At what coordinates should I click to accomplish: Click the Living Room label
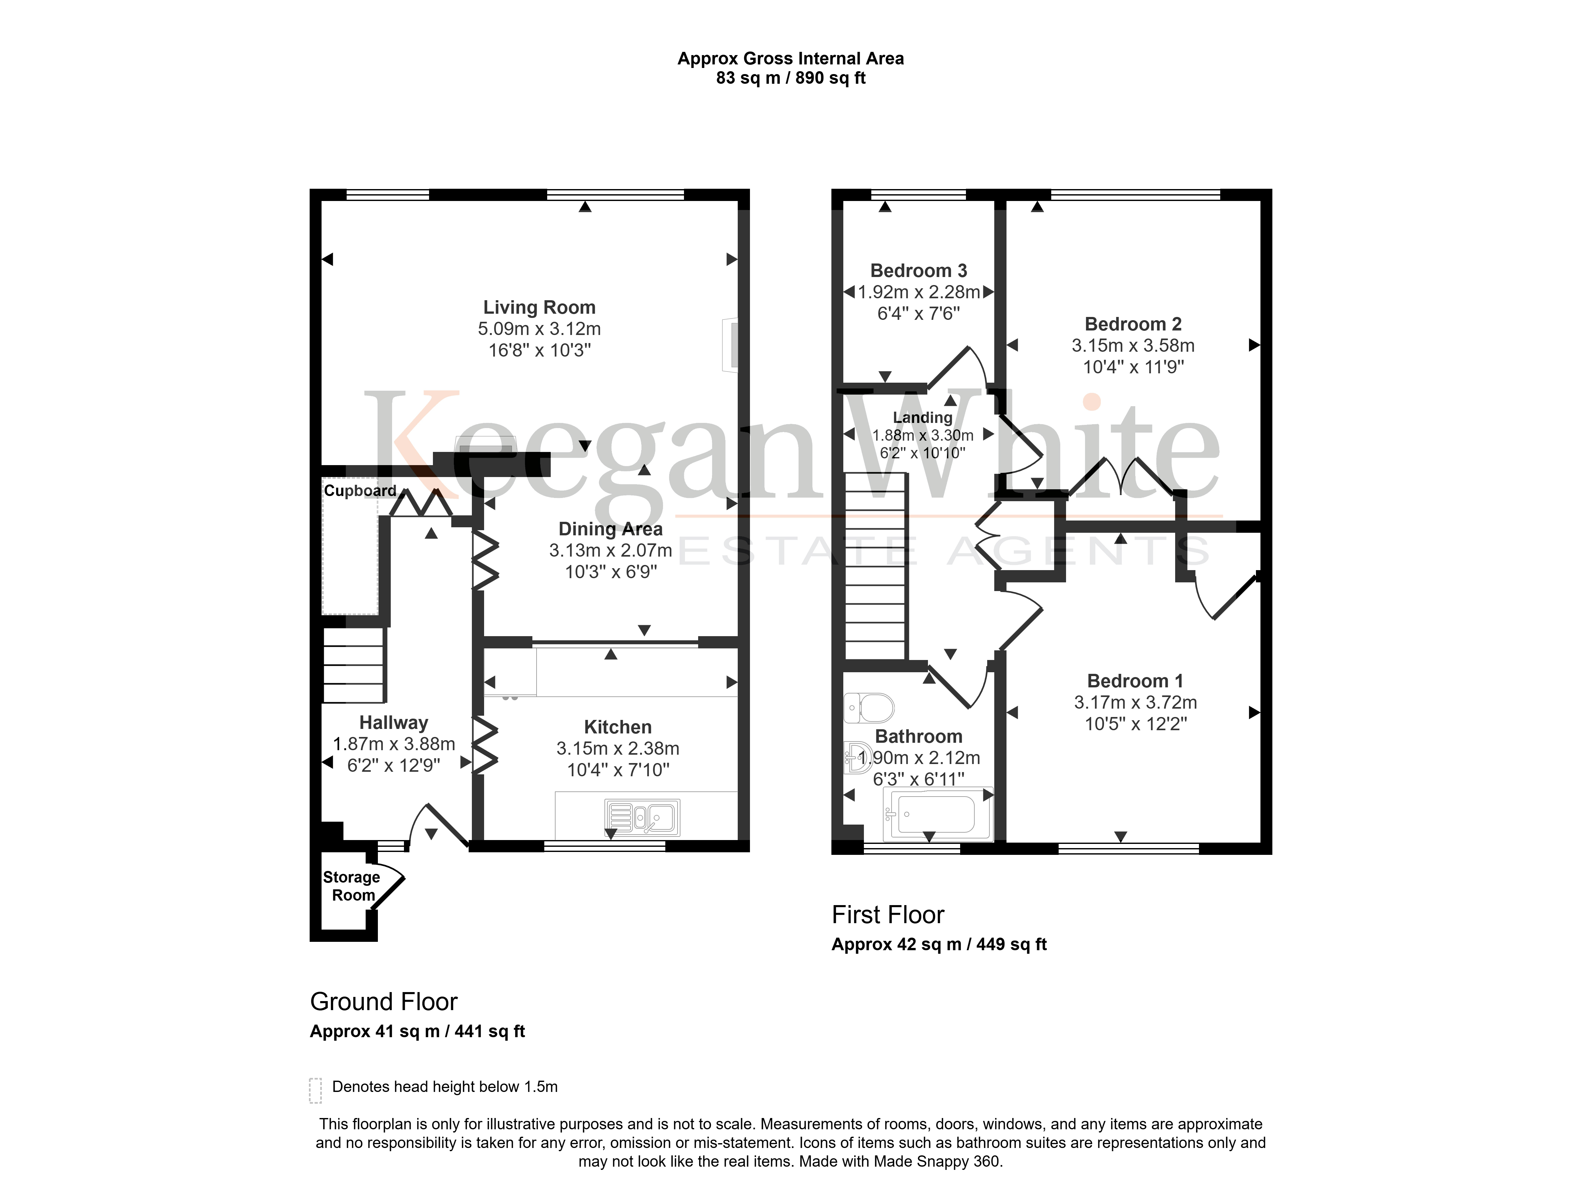click(x=539, y=308)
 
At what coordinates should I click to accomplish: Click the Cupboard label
click(x=360, y=491)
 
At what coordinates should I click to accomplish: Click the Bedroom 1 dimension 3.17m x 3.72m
click(x=1136, y=703)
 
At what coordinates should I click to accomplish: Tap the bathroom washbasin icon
click(x=857, y=757)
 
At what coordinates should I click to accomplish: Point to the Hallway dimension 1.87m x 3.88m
click(x=394, y=744)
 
